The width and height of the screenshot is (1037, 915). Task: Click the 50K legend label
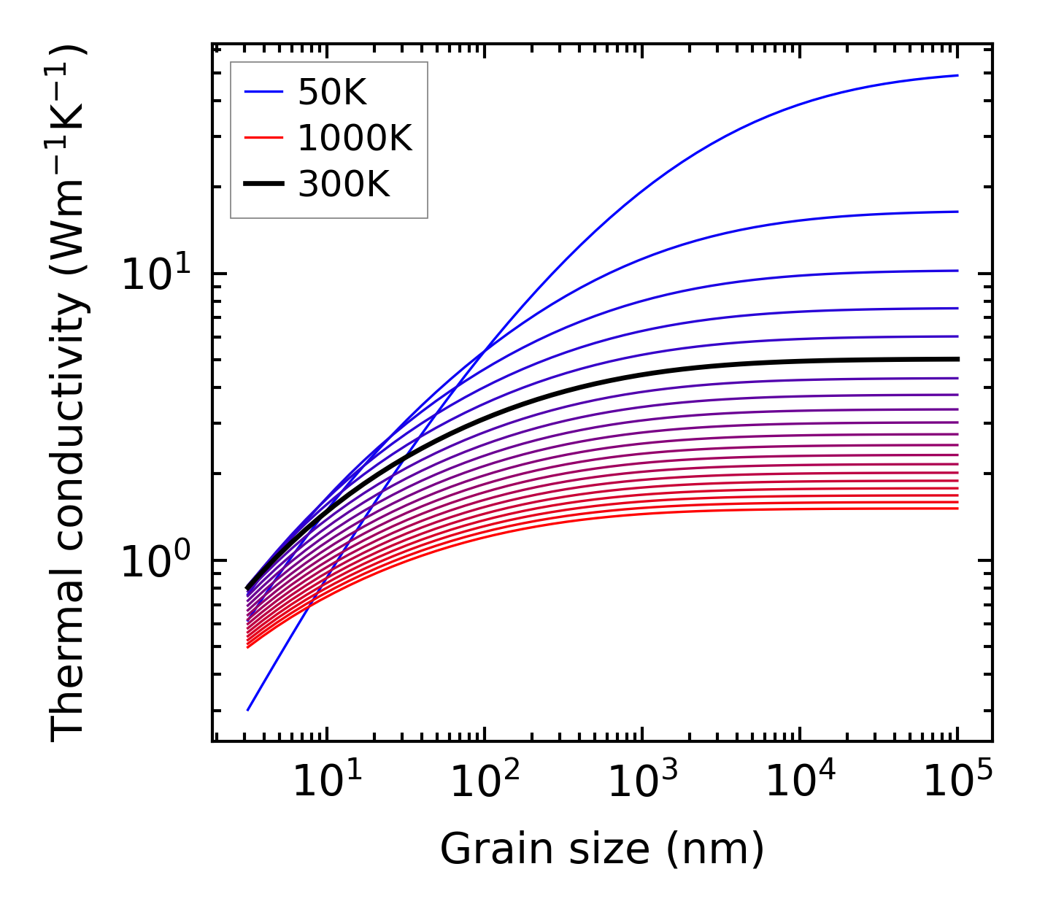tap(331, 92)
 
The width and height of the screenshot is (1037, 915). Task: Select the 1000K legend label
tap(355, 138)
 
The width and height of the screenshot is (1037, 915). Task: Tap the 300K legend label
tap(344, 185)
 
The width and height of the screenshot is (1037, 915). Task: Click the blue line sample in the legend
tap(263, 92)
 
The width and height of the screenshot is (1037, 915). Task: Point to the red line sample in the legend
tap(263, 138)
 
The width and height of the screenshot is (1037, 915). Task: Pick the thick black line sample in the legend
tap(263, 185)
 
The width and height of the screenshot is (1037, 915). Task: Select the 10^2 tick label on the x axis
tap(484, 781)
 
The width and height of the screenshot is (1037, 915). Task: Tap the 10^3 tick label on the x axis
tap(641, 781)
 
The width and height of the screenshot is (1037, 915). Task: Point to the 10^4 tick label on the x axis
tap(800, 781)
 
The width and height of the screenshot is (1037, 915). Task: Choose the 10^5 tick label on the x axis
tap(957, 781)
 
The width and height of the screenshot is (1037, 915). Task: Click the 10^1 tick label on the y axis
tap(155, 276)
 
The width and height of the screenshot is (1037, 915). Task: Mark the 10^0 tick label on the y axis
tap(155, 563)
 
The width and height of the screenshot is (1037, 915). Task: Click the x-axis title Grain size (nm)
tap(602, 849)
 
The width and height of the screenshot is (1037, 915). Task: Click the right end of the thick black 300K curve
tap(957, 359)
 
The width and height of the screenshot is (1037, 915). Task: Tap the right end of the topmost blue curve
tap(957, 75)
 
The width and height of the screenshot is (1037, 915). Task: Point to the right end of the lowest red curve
tap(957, 508)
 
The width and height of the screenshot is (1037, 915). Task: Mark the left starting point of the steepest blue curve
tap(248, 710)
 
